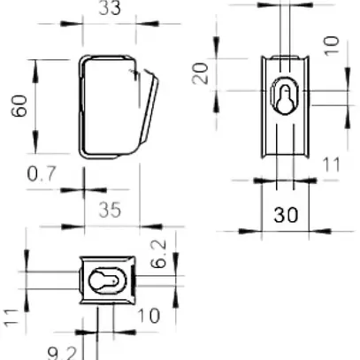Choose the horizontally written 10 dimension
(x=148, y=315)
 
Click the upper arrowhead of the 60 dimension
(x=34, y=64)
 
